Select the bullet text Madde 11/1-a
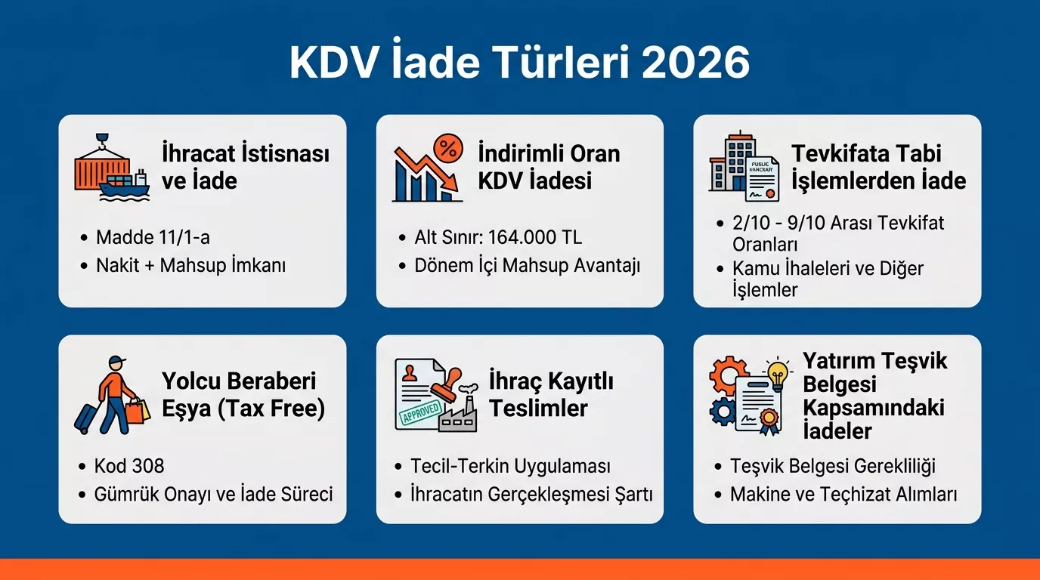tap(153, 237)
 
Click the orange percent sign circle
tap(447, 150)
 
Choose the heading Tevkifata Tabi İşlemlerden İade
tap(878, 167)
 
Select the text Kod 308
tap(129, 466)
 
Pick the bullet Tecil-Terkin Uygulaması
tap(510, 466)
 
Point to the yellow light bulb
tap(777, 372)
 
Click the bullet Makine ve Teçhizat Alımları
tap(843, 495)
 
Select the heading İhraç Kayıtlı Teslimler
tap(551, 395)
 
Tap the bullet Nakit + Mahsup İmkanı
tap(190, 265)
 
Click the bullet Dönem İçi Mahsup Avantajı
tap(527, 265)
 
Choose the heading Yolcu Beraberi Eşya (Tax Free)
tap(243, 395)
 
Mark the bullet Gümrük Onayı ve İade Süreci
tap(214, 495)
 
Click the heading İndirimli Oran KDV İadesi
tap(549, 167)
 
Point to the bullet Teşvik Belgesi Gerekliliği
tap(834, 466)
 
